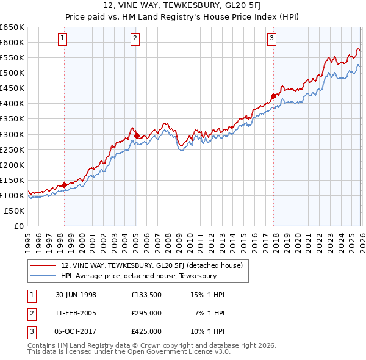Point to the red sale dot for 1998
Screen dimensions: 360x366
point(65,185)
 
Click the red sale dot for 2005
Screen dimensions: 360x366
point(137,135)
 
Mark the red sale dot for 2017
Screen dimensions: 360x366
point(273,96)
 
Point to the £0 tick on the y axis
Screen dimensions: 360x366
point(19,226)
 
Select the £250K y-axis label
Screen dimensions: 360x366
point(12,149)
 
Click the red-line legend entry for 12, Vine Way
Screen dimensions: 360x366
point(152,265)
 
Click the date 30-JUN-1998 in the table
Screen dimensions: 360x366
point(76,295)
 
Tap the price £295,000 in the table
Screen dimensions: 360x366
point(146,313)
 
